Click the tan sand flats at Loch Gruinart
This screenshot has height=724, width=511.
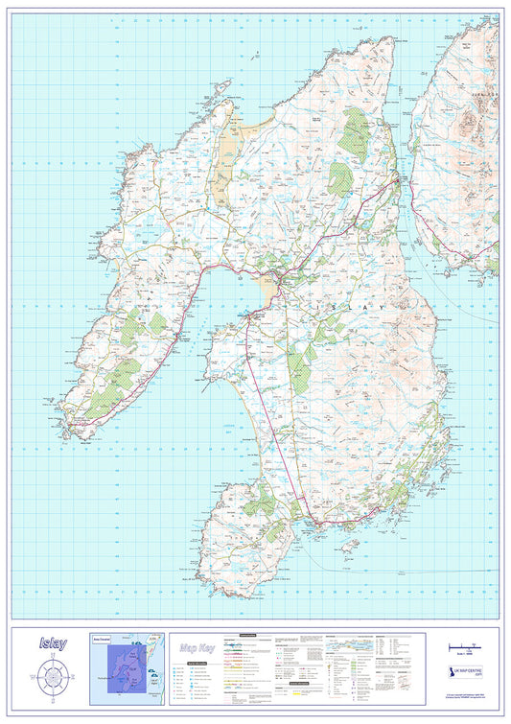228,153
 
